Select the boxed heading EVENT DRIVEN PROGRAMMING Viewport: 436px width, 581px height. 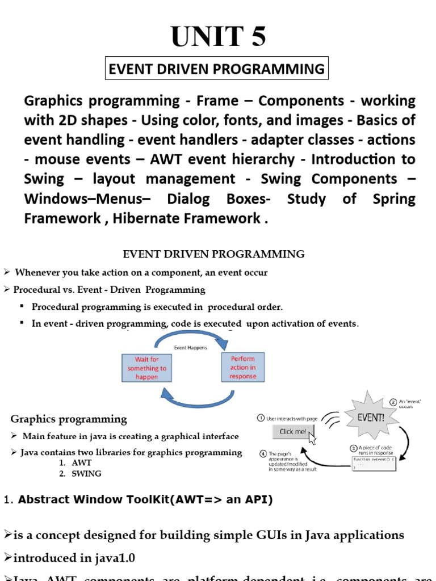216,69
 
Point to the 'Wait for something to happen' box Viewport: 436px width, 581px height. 146,368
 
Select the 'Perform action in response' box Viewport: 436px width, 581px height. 242,367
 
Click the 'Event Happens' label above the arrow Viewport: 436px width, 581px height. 190,348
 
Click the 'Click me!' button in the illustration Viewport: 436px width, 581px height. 294,432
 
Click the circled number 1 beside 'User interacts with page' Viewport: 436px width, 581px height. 261,418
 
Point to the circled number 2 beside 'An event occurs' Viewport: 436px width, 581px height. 393,402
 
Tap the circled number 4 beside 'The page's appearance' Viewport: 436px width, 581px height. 263,453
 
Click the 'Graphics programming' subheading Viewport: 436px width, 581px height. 69,419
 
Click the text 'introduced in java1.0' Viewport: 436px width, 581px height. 73,558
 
